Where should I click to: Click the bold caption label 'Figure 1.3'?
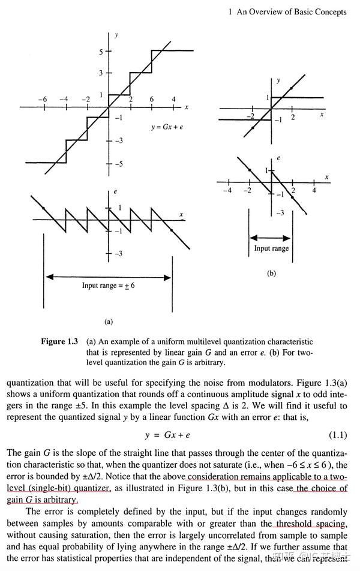(59, 342)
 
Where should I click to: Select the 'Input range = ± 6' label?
(108, 285)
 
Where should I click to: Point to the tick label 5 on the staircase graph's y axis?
(101, 52)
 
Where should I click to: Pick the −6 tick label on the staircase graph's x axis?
(43, 98)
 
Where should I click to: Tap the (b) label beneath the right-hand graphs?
(271, 274)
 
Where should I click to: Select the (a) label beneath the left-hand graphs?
(108, 321)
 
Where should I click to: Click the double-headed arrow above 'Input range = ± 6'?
(108, 277)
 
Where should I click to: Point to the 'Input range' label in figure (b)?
(271, 248)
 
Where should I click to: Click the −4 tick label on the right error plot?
(226, 190)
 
